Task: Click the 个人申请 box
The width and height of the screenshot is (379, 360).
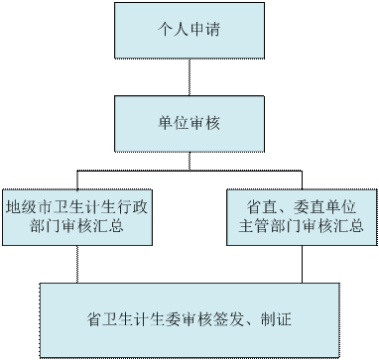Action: point(189,29)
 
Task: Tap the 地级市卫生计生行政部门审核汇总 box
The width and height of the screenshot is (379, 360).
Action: point(78,217)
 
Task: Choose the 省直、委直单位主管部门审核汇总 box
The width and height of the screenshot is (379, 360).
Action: point(302,217)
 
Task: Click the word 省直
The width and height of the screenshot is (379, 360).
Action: point(261,208)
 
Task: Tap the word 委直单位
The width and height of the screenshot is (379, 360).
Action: point(324,208)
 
